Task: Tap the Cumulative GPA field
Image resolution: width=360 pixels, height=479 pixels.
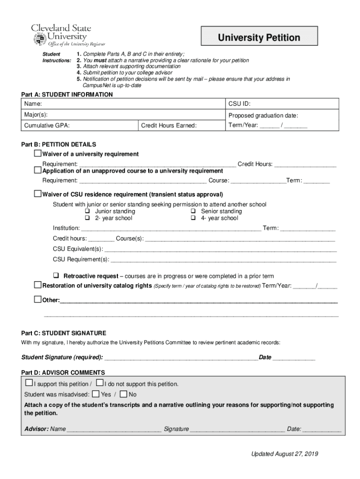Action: (79, 125)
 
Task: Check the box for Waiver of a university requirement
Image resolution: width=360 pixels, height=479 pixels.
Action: (38, 154)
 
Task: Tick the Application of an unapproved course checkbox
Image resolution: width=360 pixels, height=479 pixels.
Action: (38, 170)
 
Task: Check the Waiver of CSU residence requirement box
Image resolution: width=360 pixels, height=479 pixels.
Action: (38, 194)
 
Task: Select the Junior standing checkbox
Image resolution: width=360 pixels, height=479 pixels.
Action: (87, 211)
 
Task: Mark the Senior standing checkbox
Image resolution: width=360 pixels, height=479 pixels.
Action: (193, 211)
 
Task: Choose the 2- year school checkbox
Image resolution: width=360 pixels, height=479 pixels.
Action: (87, 218)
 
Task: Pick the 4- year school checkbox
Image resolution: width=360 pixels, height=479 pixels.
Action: (193, 218)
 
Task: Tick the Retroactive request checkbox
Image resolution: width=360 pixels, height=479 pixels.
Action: (56, 276)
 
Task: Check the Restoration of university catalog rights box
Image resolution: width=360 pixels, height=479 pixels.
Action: (38, 285)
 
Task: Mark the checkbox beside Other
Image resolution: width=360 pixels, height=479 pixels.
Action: (38, 299)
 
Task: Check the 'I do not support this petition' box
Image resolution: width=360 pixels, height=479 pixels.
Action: (99, 383)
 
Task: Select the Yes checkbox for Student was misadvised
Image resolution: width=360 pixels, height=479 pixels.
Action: (96, 394)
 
